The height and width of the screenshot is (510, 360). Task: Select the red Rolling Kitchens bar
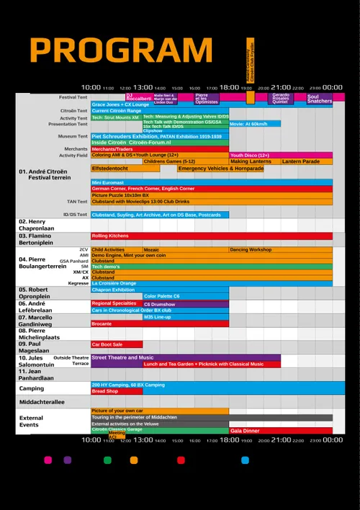coord(212,236)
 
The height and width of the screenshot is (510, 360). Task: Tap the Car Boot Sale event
coord(107,344)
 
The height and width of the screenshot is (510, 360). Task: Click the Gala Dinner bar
coord(281,430)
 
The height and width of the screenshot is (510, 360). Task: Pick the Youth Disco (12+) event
coord(281,155)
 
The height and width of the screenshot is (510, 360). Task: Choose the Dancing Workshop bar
coord(281,249)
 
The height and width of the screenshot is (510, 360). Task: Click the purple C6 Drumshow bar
coord(186,304)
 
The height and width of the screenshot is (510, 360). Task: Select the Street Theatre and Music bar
coord(185,357)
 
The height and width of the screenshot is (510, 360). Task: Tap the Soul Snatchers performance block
coord(320,99)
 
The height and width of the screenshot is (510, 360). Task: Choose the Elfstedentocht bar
coord(133,169)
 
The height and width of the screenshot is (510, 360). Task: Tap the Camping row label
coord(32,388)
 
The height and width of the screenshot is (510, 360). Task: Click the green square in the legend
coord(107,460)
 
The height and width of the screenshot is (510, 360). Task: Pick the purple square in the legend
coord(68,460)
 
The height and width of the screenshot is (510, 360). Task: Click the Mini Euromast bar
coord(212,182)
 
